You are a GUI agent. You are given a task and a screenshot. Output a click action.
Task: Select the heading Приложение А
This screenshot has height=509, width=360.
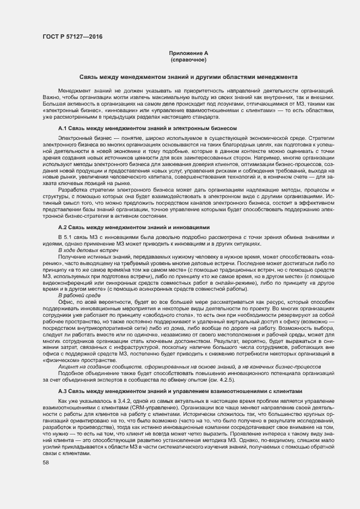pos(188,53)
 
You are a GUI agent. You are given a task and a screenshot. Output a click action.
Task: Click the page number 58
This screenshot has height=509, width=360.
pos(46,447)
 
